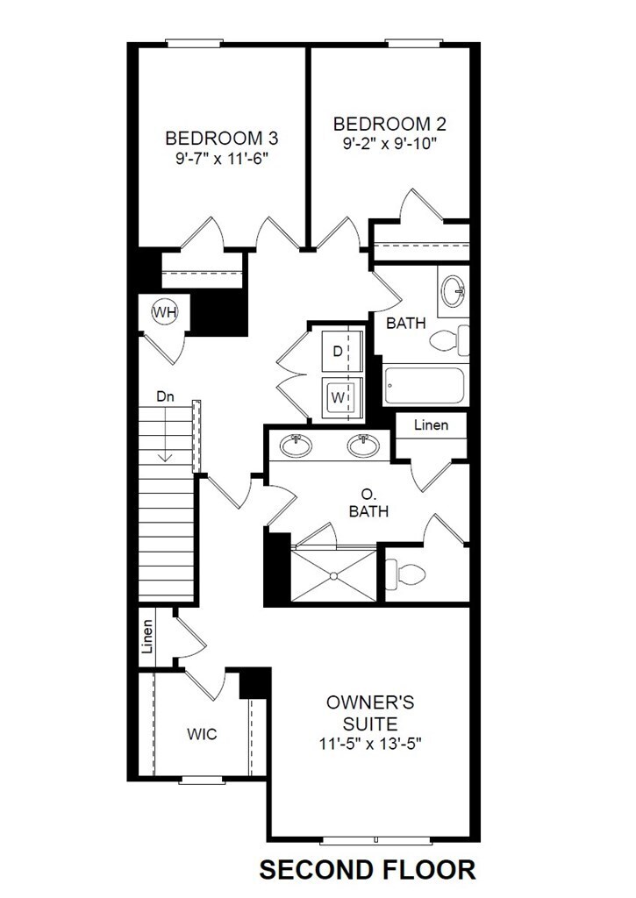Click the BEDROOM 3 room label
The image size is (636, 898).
click(215, 139)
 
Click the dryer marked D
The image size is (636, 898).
click(339, 352)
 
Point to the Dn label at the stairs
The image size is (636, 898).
click(165, 397)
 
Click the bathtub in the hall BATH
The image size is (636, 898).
click(425, 385)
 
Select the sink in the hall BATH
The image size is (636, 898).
click(454, 291)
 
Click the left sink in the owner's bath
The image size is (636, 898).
click(296, 445)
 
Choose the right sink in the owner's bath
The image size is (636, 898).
click(362, 445)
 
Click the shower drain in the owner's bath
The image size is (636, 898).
click(333, 575)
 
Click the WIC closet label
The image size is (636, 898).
click(202, 734)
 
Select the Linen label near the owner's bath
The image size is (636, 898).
click(431, 425)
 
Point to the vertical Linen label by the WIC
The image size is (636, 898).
click(147, 638)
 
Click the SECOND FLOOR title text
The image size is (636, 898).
click(368, 869)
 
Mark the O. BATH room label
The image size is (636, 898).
click(368, 502)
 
